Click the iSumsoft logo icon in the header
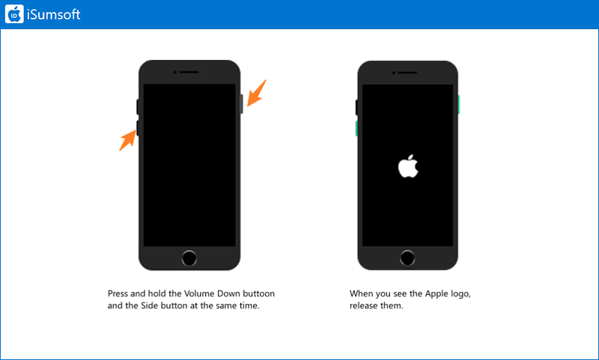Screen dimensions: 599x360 click(x=14, y=14)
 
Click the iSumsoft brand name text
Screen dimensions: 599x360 click(x=53, y=14)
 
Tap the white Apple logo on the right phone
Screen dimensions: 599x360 click(x=408, y=166)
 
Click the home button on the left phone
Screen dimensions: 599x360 click(x=189, y=258)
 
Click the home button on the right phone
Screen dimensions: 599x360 click(x=407, y=258)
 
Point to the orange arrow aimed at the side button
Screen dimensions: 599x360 click(x=256, y=93)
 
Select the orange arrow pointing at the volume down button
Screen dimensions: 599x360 click(x=128, y=140)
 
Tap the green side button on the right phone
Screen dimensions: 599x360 click(x=458, y=105)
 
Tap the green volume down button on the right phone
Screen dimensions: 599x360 click(x=356, y=128)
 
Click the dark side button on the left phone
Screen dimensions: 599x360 click(x=241, y=104)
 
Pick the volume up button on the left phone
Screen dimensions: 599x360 click(x=138, y=107)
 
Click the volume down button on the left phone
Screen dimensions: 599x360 click(x=138, y=128)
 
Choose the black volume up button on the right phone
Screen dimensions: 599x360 click(x=356, y=107)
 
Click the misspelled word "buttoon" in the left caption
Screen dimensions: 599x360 click(x=259, y=293)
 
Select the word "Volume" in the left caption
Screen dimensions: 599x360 click(x=199, y=293)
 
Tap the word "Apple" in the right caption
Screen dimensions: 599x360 click(x=436, y=294)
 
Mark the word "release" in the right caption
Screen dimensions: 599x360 click(x=363, y=306)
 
